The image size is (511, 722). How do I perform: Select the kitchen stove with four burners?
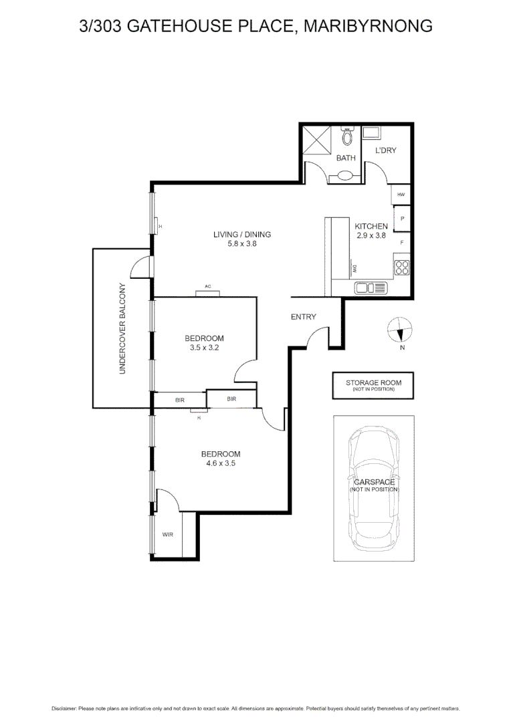402,267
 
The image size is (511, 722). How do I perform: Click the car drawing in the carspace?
374,487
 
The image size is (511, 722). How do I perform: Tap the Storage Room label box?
373,386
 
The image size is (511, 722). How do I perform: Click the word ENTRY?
303,317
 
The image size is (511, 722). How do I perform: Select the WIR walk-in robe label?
167,535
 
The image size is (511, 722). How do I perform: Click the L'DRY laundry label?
385,150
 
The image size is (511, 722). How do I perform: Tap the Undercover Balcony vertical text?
122,328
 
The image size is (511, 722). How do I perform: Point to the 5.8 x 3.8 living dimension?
241,244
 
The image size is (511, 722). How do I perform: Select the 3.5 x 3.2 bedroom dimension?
204,348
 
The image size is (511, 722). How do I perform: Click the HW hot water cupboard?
401,195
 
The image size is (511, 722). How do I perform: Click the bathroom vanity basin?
345,176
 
